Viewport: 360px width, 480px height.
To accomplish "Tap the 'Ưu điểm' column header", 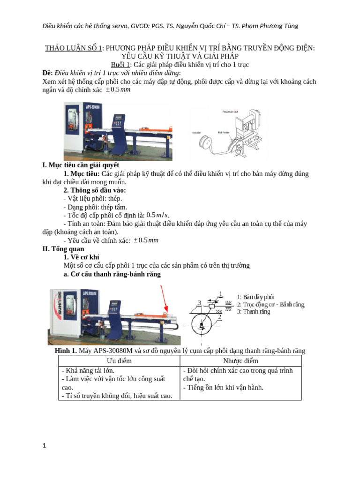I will pos(119,361).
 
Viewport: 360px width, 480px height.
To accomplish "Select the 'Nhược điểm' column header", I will pos(240,361).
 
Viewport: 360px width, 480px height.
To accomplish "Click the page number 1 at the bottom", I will pos(45,446).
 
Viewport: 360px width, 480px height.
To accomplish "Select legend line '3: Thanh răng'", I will pos(253,312).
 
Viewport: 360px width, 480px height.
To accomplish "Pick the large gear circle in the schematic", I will pos(201,326).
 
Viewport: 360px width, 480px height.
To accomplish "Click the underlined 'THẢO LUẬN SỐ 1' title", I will pos(73,48).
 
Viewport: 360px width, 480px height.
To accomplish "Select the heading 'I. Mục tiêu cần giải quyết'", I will pos(81,165).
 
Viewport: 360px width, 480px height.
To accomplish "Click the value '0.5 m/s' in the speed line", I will pos(157,215).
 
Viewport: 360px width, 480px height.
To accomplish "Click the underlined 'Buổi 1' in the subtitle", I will pos(121,65).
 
